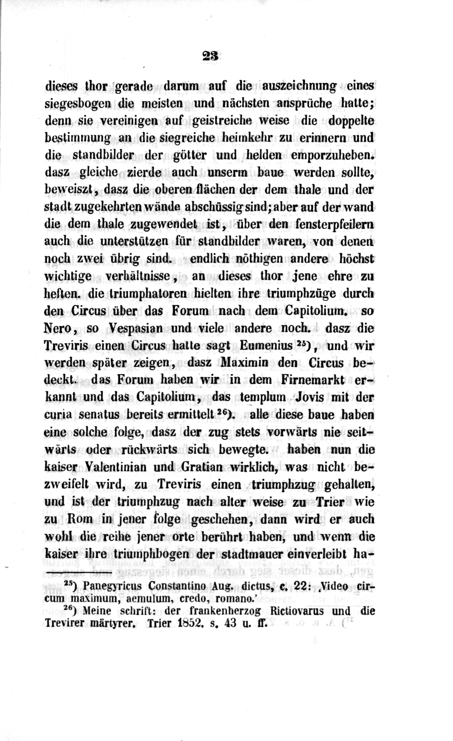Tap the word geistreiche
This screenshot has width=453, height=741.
point(222,121)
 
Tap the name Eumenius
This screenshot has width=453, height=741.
point(266,346)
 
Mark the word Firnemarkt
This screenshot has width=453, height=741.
point(312,380)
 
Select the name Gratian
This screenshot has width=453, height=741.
point(202,467)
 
